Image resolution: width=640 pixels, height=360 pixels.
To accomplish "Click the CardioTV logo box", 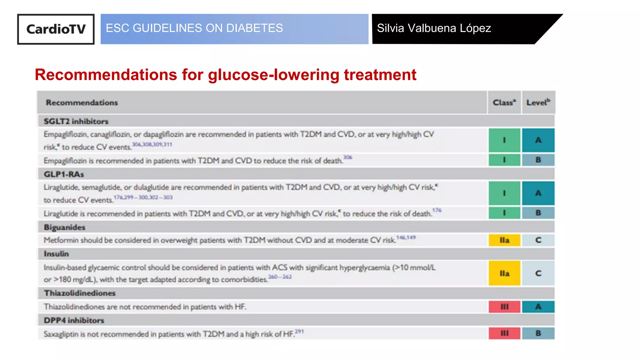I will (x=56, y=29).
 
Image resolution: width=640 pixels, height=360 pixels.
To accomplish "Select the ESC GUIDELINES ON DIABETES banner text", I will (x=194, y=28).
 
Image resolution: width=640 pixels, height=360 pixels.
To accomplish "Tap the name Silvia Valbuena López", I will (x=434, y=28).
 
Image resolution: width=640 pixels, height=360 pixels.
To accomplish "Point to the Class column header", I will (x=504, y=102).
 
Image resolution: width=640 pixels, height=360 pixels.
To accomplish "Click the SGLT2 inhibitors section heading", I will (x=76, y=121).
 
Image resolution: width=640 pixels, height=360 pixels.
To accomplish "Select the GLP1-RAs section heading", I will (x=64, y=174).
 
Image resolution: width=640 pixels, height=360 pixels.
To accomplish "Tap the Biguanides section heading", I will (x=64, y=227).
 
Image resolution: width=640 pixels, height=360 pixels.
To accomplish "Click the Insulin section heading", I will (x=56, y=254).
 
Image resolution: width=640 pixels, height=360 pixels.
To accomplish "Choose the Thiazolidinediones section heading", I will (x=80, y=293).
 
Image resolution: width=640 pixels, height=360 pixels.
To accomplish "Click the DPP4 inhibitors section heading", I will (x=74, y=320).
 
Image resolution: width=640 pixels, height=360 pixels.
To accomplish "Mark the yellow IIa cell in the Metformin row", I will (x=504, y=240).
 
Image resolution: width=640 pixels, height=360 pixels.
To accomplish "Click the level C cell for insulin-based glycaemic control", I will (x=538, y=273).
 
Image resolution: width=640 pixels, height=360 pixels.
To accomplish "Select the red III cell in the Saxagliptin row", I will (x=504, y=333).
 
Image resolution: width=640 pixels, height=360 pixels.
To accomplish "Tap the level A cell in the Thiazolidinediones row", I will (x=538, y=307).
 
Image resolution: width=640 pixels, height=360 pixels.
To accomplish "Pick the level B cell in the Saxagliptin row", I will (x=538, y=333).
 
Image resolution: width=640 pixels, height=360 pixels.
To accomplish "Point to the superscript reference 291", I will (x=299, y=331).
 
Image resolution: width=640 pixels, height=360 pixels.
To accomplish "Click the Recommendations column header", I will (x=82, y=102).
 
